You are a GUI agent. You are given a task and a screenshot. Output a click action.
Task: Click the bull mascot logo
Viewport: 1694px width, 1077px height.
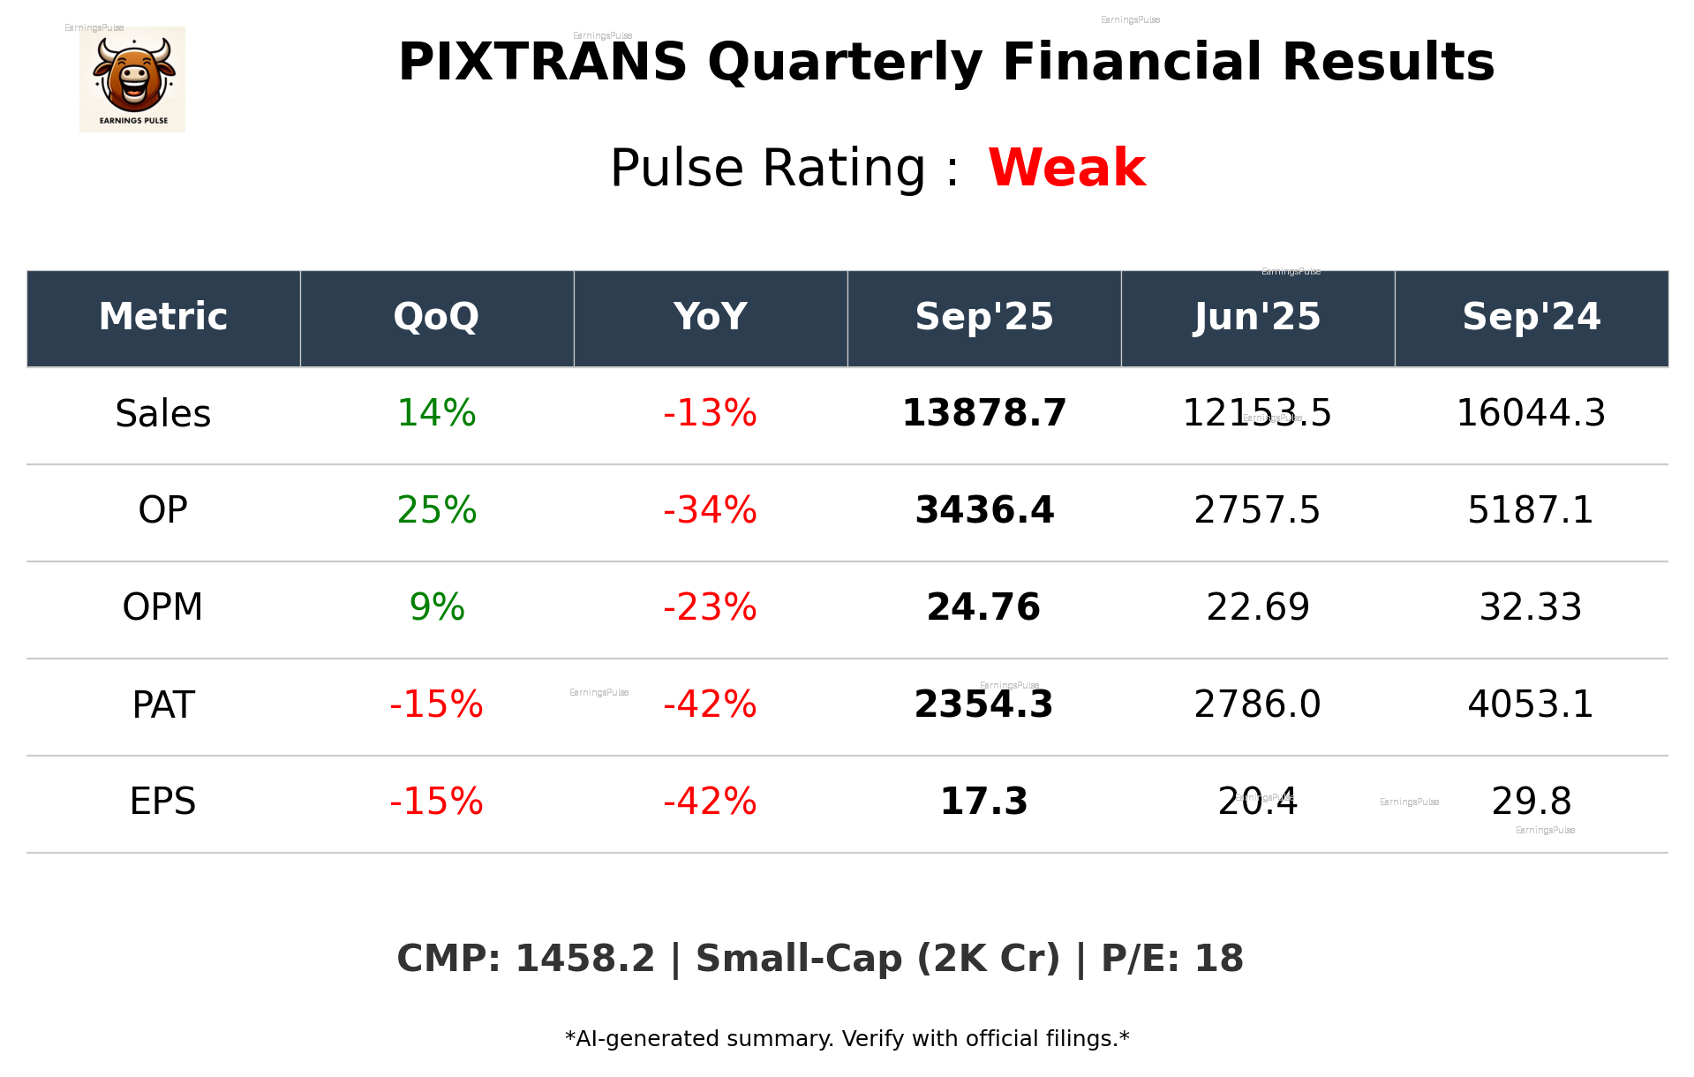(x=132, y=79)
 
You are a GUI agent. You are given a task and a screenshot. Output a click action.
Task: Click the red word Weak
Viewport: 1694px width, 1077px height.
(x=1066, y=168)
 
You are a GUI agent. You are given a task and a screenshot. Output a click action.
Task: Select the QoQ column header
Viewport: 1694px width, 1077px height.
(x=436, y=317)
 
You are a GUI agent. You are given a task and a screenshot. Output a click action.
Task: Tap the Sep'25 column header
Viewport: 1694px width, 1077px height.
(x=983, y=317)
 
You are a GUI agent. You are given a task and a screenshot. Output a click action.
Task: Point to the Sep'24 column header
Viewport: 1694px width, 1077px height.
(x=1531, y=317)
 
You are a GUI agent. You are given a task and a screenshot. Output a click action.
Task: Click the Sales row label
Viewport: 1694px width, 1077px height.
(x=163, y=414)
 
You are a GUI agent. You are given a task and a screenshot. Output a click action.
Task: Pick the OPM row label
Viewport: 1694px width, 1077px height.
(x=163, y=607)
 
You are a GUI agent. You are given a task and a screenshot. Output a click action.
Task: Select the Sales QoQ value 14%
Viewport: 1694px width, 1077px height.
(x=436, y=414)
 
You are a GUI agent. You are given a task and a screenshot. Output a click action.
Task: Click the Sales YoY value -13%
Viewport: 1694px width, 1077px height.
(x=710, y=414)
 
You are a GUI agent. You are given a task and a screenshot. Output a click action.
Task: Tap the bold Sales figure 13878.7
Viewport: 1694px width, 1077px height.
(x=983, y=414)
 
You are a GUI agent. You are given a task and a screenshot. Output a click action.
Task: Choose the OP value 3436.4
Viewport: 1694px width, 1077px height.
(x=983, y=510)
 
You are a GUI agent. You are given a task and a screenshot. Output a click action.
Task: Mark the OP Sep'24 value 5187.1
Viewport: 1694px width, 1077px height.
(x=1530, y=510)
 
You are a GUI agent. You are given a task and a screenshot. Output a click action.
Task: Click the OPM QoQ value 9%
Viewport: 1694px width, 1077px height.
(x=436, y=607)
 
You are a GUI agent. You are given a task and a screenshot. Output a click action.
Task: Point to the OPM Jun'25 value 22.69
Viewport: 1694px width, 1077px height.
(x=1257, y=607)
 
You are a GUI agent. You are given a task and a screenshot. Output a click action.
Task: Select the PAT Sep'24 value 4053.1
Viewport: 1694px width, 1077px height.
(x=1530, y=704)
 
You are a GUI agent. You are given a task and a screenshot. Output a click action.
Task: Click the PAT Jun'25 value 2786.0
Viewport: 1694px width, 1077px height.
(x=1257, y=704)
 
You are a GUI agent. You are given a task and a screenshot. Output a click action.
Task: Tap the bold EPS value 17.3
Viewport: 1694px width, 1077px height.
(x=983, y=802)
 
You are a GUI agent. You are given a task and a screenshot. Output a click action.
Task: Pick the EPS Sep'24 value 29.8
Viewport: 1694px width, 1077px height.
(x=1531, y=802)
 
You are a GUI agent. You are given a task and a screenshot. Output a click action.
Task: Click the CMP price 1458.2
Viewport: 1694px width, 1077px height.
(x=584, y=959)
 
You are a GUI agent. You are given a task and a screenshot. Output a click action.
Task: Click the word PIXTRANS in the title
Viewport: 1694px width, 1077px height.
(x=542, y=63)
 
